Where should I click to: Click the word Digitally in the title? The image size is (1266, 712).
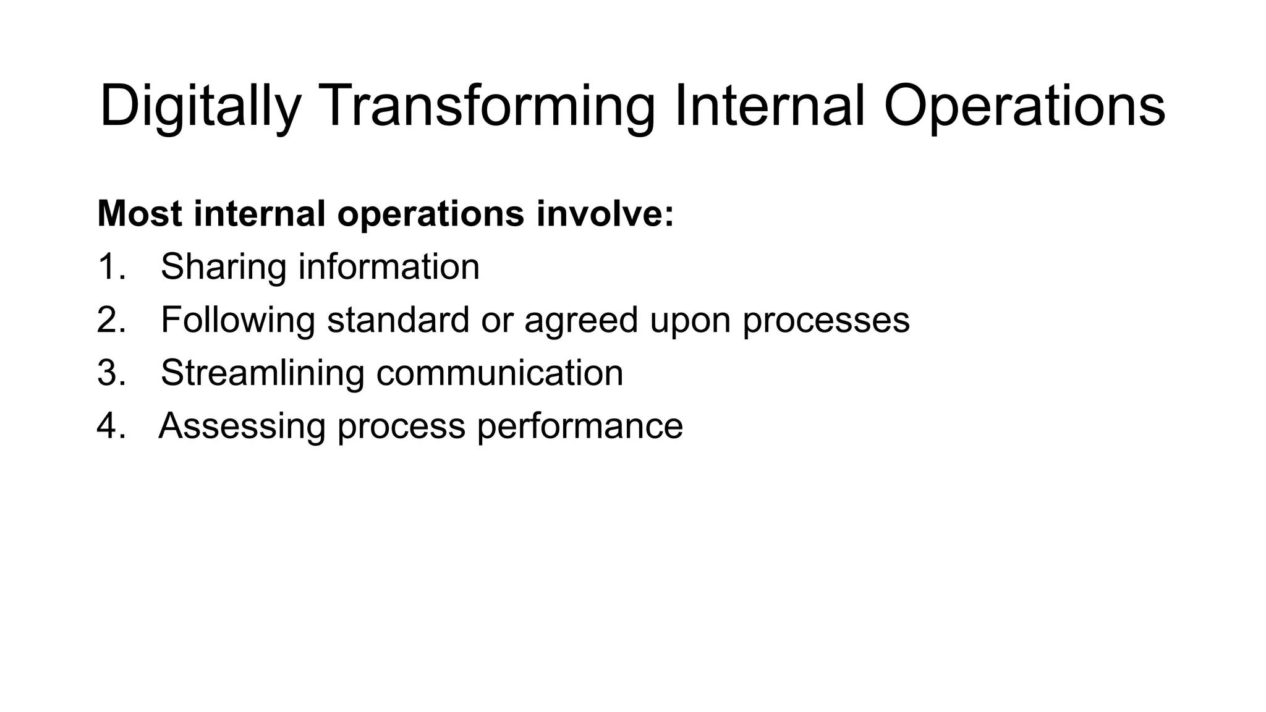pyautogui.click(x=200, y=106)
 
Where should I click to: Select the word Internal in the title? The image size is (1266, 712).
pyautogui.click(x=769, y=106)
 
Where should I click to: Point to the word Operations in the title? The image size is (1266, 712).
pyautogui.click(x=1024, y=106)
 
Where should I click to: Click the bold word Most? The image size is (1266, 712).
pyautogui.click(x=140, y=213)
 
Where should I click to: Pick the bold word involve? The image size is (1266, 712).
pyautogui.click(x=605, y=213)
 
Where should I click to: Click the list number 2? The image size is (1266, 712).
pyautogui.click(x=111, y=320)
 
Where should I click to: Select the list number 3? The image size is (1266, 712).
pyautogui.click(x=111, y=373)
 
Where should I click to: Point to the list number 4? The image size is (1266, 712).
pyautogui.click(x=111, y=426)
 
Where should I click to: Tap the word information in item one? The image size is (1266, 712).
pyautogui.click(x=389, y=267)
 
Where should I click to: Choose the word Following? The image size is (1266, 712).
pyautogui.click(x=238, y=320)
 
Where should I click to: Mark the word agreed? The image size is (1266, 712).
pyautogui.click(x=580, y=320)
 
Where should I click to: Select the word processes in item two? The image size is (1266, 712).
pyautogui.click(x=826, y=320)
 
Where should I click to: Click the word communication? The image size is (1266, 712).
pyautogui.click(x=499, y=373)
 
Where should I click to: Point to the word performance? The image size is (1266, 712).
pyautogui.click(x=580, y=426)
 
